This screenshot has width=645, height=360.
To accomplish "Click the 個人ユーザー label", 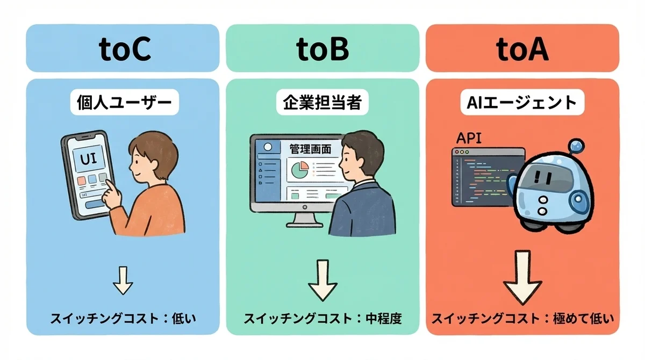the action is click(124, 103).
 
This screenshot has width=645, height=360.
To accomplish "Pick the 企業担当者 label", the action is click(322, 103).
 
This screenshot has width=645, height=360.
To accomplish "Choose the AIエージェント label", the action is click(522, 103).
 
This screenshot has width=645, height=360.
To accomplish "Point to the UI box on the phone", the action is click(88, 159).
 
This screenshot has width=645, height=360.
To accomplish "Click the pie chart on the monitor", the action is click(300, 170).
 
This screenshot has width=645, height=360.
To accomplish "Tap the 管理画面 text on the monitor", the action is click(310, 149).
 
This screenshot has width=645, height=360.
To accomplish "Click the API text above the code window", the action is click(469, 139).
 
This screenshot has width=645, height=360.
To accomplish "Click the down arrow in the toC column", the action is click(123, 280).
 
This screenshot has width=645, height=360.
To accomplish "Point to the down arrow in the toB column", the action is click(322, 280).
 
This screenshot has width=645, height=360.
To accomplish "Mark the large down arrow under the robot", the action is click(522, 277).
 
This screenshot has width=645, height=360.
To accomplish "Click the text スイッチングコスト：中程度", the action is click(322, 319).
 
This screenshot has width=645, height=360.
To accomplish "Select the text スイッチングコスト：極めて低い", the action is click(522, 319).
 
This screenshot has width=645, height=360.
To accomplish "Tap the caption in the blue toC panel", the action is click(123, 319).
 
